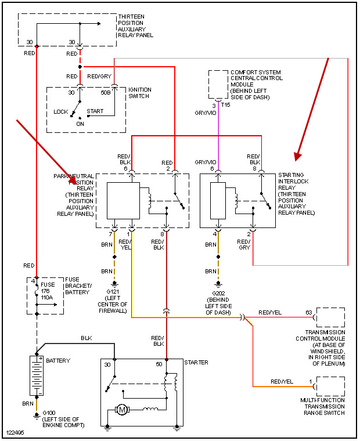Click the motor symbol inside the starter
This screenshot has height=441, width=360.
[123, 410]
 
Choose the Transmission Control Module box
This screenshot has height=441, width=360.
[330, 318]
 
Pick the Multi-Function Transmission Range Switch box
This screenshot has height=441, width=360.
[330, 386]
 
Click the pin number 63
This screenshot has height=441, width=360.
[308, 313]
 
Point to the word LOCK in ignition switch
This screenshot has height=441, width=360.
[61, 111]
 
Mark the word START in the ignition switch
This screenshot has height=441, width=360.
[95, 110]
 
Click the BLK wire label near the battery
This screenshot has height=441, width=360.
[87, 337]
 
